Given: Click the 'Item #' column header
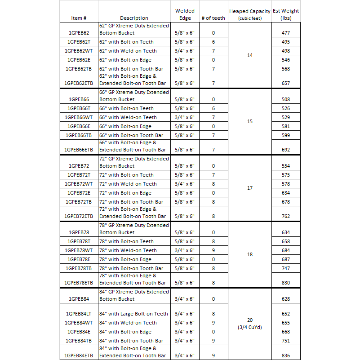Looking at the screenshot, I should (x=79, y=18).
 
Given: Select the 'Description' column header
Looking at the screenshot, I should (x=134, y=18).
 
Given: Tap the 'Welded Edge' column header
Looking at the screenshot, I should (x=185, y=14).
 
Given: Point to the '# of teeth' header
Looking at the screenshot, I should (x=213, y=18).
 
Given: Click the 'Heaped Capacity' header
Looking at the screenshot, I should (x=250, y=11).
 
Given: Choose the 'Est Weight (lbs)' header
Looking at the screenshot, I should (x=286, y=14).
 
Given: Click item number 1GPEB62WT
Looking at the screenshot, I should (x=79, y=51).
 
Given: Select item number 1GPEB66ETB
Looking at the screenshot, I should (x=79, y=150).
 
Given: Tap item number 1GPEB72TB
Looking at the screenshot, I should (x=79, y=202).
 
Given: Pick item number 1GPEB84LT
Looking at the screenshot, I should (x=79, y=314).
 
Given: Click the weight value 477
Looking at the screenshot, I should (x=286, y=33).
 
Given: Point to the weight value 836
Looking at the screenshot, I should (x=286, y=356).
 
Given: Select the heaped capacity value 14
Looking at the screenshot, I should (x=250, y=55).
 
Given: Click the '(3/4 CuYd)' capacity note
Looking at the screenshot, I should (x=250, y=327).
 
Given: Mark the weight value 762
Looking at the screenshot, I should (x=286, y=216).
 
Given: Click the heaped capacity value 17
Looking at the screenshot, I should (x=250, y=188).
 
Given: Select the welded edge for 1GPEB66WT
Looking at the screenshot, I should (x=185, y=117).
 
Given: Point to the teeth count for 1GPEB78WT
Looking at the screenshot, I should (x=213, y=250).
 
